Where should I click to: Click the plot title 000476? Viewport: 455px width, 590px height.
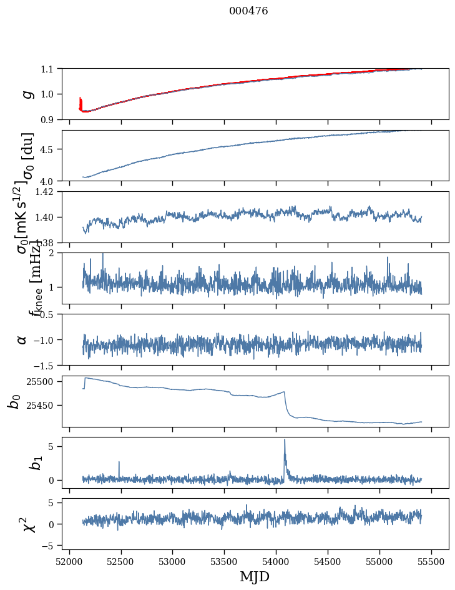(248, 11)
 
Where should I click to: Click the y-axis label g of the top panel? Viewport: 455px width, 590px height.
(26, 94)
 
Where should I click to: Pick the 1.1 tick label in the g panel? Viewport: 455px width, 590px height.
(49, 69)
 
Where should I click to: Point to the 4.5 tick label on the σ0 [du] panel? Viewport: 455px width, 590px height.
(49, 149)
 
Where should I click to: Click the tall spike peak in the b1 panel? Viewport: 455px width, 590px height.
(285, 439)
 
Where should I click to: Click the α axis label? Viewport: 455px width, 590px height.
(22, 339)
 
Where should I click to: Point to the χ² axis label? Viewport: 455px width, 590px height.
(28, 524)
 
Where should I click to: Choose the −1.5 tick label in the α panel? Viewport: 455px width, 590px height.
(45, 365)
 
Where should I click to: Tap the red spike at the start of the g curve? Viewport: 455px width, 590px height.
(81, 101)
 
